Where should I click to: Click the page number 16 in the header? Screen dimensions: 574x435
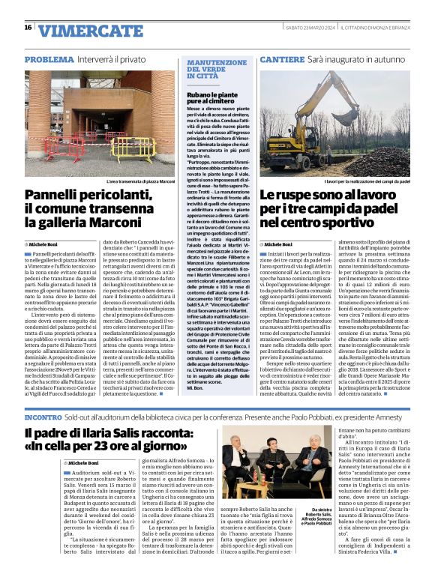[28, 28]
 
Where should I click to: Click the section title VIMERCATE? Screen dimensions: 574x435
[81, 30]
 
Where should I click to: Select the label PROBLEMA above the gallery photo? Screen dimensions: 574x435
[49, 58]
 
